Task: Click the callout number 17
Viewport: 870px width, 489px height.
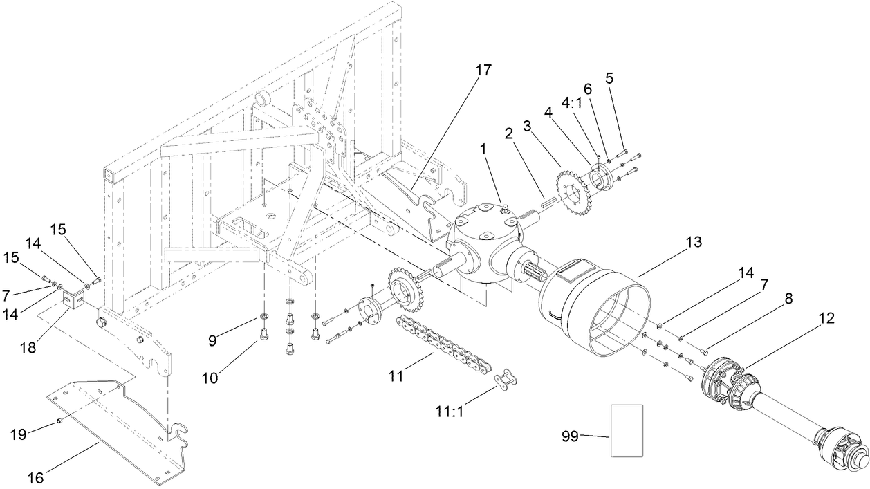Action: click(483, 70)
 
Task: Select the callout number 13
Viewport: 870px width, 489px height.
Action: click(693, 242)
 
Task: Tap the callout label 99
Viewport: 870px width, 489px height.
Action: click(569, 436)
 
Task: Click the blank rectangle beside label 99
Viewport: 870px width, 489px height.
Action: click(627, 431)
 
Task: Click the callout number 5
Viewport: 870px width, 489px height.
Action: click(609, 78)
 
